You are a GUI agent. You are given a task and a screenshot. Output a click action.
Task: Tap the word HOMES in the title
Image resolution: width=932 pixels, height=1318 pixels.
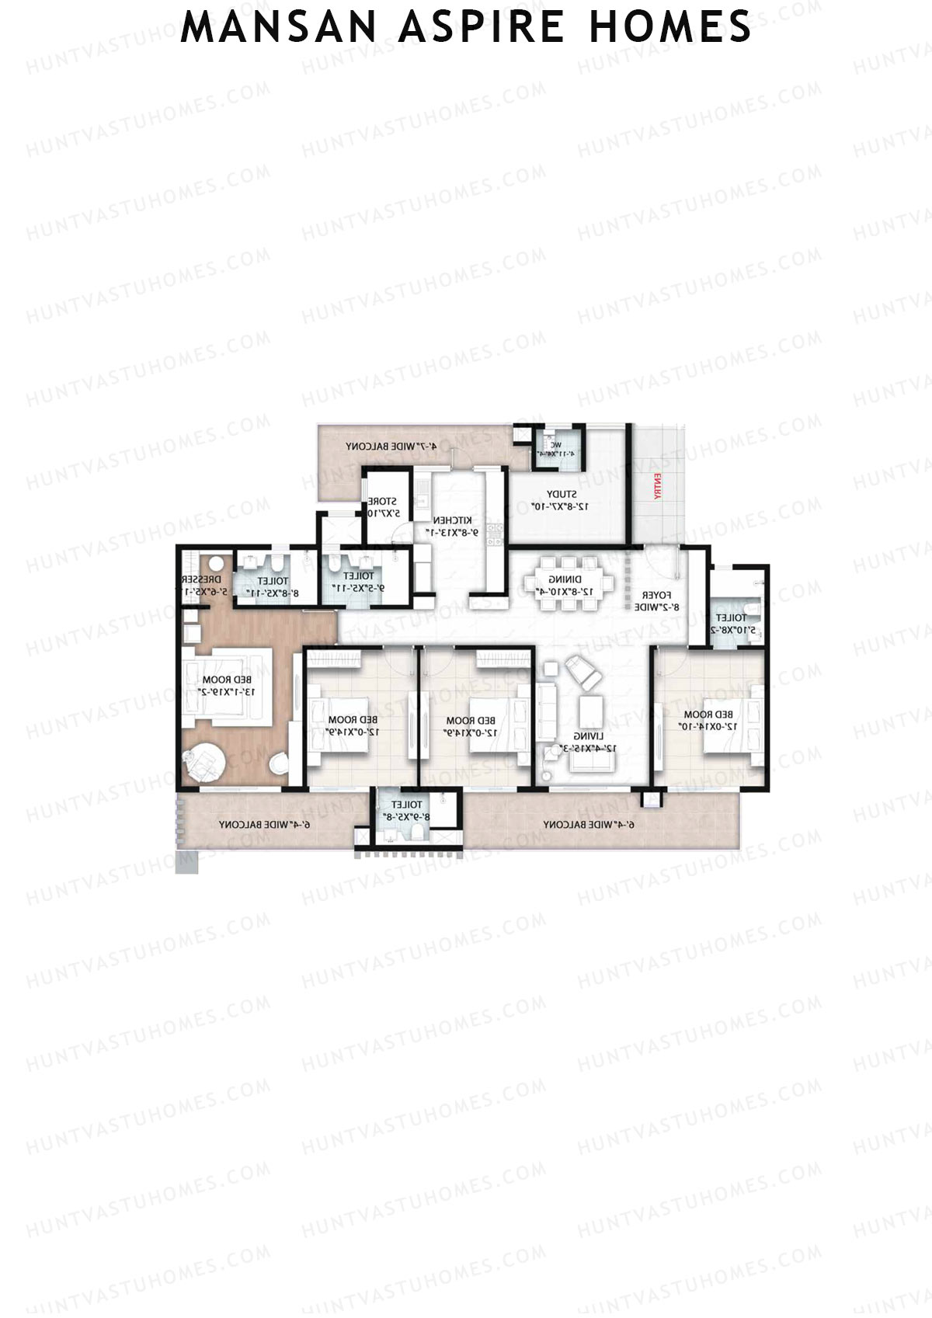[x=670, y=27]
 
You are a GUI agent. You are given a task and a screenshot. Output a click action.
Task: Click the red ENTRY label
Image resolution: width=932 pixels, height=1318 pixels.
[x=657, y=485]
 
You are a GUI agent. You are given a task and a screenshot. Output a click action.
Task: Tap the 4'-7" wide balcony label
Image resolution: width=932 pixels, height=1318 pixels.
[x=391, y=447]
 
